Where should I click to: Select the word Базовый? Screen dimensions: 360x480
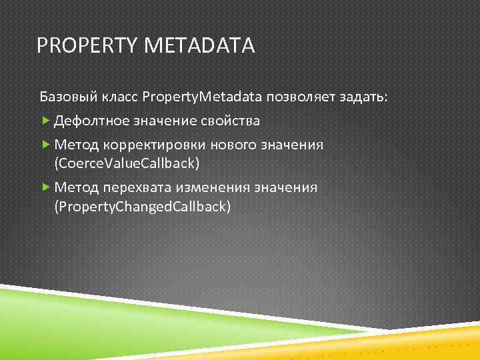click(x=67, y=98)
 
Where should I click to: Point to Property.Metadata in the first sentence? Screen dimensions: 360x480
click(x=203, y=98)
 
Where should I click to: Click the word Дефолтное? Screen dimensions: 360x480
click(x=91, y=121)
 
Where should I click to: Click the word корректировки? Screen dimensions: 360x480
click(x=153, y=145)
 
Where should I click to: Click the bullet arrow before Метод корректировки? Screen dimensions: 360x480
click(x=45, y=144)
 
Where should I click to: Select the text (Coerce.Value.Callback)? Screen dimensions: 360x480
click(x=127, y=163)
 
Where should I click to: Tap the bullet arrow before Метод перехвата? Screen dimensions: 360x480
click(x=45, y=187)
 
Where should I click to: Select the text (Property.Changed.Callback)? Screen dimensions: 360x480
click(x=143, y=207)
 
